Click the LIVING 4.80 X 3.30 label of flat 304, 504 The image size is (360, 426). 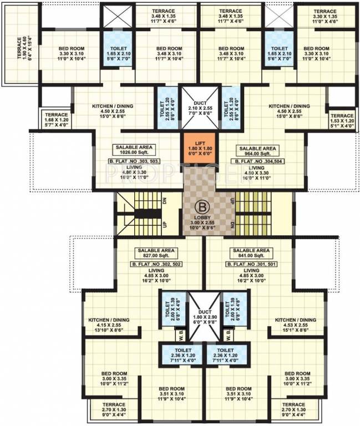256,173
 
